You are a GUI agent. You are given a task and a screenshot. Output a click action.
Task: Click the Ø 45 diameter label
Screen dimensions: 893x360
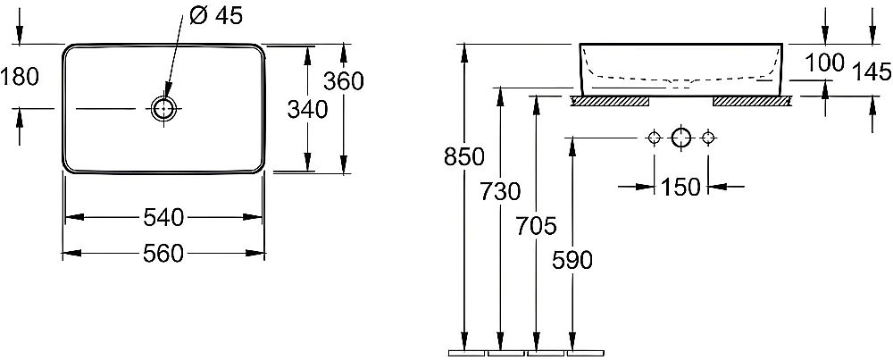215,16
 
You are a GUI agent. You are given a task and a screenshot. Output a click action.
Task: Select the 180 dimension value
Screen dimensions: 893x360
20,76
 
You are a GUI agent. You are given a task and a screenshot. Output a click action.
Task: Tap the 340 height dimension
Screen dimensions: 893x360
307,109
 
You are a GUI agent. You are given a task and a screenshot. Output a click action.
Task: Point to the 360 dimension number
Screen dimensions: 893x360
344,81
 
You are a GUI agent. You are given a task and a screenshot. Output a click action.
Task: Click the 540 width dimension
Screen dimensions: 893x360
163,217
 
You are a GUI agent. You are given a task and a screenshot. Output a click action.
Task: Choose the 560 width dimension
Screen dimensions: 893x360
163,253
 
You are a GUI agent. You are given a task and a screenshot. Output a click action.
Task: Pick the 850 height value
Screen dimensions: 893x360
464,156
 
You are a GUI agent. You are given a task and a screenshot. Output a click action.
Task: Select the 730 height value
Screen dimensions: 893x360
500,191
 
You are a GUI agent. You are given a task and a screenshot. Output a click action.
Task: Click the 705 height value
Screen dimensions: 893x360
536,226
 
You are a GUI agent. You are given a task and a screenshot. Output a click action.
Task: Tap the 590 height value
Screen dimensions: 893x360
572,260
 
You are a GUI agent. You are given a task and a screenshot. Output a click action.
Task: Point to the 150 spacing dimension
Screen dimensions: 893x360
680,187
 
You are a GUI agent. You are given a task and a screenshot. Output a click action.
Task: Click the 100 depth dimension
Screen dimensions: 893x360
823,63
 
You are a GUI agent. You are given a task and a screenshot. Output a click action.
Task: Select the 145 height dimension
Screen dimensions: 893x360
872,72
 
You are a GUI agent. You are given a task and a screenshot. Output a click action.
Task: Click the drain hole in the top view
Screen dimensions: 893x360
164,108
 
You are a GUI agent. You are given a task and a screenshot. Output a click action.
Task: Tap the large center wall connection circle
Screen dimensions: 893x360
681,138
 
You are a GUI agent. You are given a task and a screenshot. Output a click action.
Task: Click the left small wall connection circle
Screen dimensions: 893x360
654,138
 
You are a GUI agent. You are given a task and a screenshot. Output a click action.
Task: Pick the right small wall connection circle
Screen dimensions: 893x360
708,138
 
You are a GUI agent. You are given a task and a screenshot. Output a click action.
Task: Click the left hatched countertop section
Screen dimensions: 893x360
611,102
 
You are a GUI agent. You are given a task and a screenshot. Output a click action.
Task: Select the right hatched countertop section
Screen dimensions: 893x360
752,102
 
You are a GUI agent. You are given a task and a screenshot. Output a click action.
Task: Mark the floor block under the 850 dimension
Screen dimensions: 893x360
466,353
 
